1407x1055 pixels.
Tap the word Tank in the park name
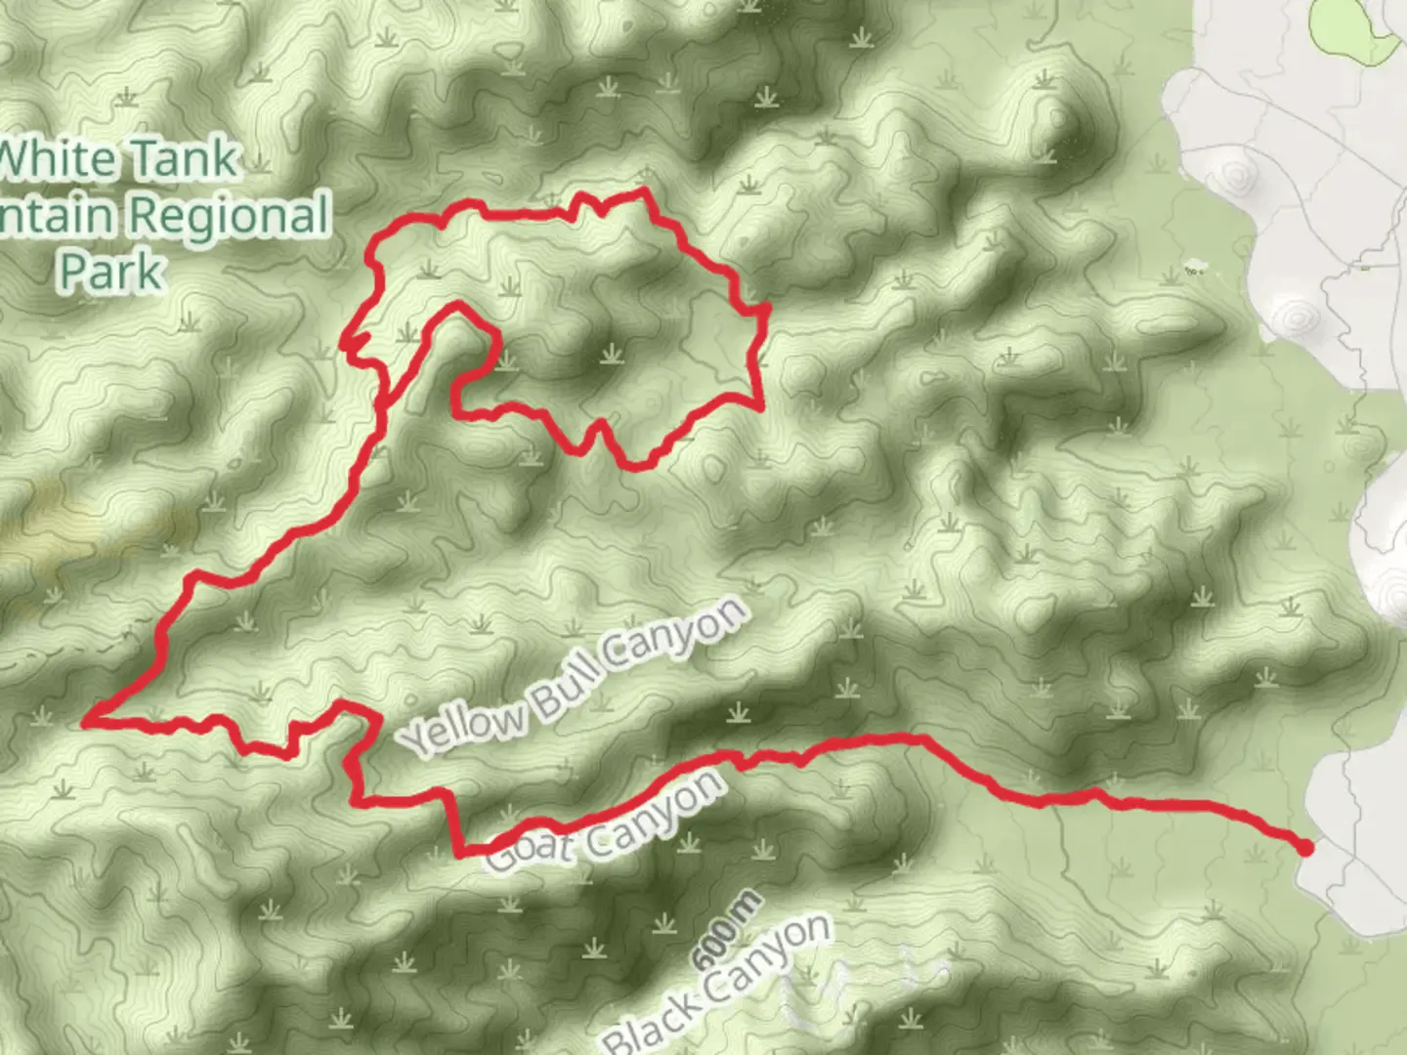point(185,159)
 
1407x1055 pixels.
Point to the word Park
point(110,272)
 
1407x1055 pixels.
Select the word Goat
point(529,849)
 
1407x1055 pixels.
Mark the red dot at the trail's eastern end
point(1304,847)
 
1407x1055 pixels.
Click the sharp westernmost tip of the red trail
point(86,722)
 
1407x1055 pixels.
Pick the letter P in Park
point(74,272)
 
